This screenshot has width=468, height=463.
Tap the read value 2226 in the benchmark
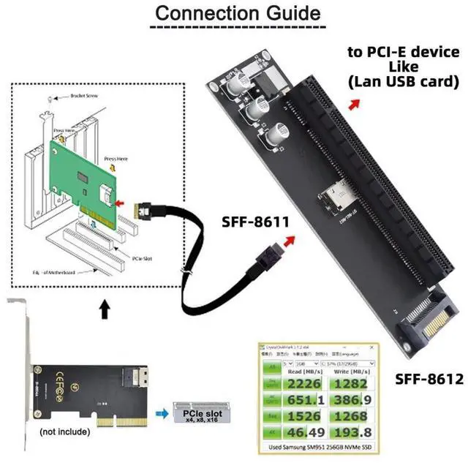click(x=305, y=385)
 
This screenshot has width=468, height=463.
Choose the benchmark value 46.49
click(x=305, y=434)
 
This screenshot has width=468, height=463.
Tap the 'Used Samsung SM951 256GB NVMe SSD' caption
click(x=320, y=446)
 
